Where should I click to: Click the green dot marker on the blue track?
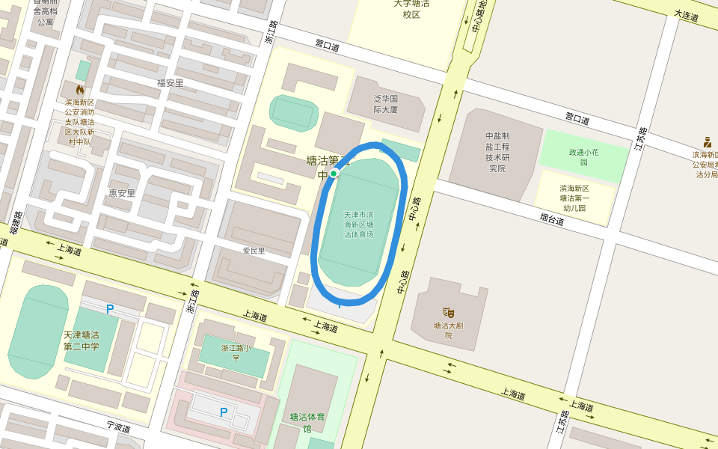(334, 173)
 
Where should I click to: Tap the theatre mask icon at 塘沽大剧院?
(449, 312)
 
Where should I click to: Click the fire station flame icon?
(79, 90)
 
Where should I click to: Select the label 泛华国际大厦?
(386, 103)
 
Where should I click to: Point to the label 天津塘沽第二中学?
(82, 340)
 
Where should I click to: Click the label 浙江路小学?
(236, 352)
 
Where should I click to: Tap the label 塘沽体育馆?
(307, 422)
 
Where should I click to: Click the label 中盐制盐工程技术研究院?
(497, 152)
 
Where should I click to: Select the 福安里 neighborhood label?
(171, 83)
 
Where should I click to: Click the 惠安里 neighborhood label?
(122, 192)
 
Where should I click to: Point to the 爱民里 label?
(254, 251)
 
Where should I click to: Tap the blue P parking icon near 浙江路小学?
(223, 412)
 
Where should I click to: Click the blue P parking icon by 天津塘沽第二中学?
(110, 308)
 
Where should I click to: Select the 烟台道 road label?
(552, 219)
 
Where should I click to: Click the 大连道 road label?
(686, 15)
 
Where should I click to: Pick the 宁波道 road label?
(118, 427)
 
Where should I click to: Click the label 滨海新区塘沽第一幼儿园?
(574, 198)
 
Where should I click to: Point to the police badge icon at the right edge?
(707, 141)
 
